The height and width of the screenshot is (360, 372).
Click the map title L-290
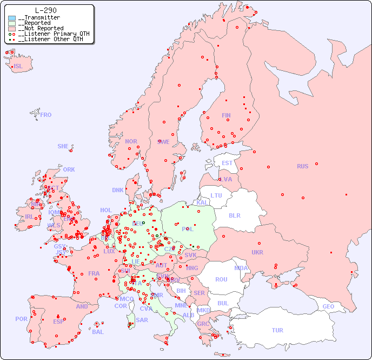(46, 10)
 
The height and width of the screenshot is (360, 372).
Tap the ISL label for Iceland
(18, 67)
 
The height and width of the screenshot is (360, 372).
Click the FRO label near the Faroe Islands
(46, 115)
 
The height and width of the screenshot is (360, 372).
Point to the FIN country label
(226, 115)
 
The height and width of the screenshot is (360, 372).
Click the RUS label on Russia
(302, 166)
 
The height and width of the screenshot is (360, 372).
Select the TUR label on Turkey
(277, 330)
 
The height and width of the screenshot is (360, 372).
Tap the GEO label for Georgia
(328, 306)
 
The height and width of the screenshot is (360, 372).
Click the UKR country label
(257, 252)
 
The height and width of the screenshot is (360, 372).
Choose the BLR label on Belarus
(235, 215)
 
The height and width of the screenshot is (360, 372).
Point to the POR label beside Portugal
(21, 319)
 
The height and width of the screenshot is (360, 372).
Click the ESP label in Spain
(58, 321)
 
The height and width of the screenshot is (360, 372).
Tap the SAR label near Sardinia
(142, 320)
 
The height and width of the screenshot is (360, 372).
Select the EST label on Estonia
(227, 163)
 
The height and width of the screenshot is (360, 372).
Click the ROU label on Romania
(221, 279)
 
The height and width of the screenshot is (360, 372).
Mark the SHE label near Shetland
(63, 146)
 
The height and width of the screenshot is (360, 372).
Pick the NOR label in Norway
(131, 141)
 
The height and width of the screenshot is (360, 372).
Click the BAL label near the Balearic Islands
(97, 332)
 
